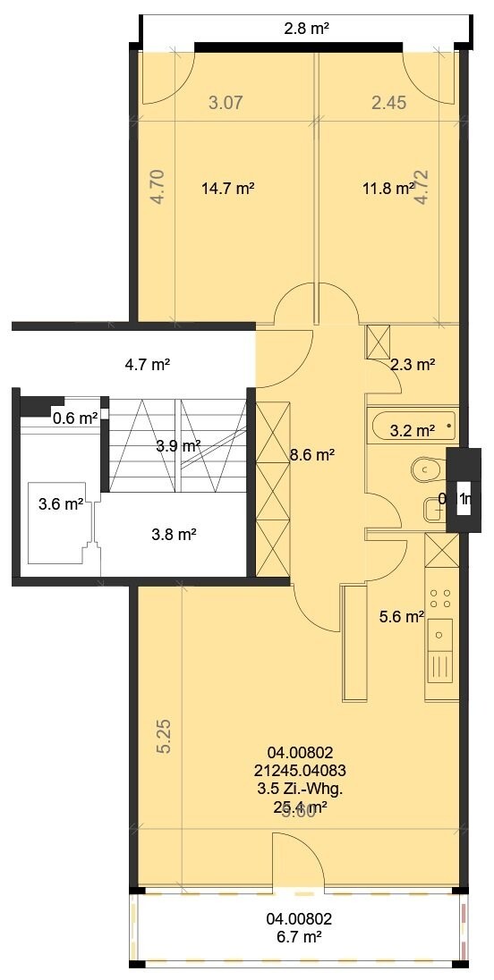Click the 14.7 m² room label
[228, 189]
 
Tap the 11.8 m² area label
[388, 189]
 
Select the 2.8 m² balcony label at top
[307, 29]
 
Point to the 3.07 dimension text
[226, 103]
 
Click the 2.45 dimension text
[389, 103]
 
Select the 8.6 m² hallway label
[312, 455]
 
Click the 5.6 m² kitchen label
[402, 616]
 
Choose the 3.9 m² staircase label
[178, 445]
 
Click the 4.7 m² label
[148, 364]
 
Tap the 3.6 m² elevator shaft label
[61, 504]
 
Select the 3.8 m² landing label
[175, 535]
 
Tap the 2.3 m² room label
[413, 364]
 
